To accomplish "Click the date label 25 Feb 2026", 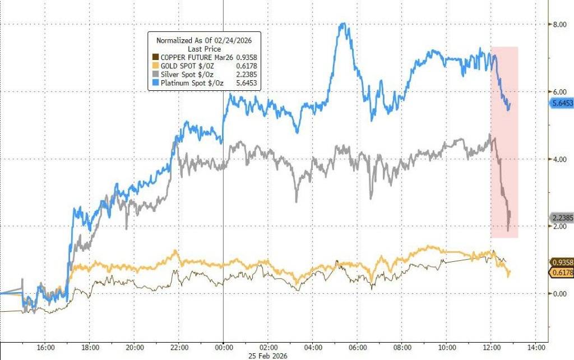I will (x=223, y=354).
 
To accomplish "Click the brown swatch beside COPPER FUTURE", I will (x=155, y=57).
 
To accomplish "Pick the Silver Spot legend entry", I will (x=189, y=75).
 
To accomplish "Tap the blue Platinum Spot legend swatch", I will (x=155, y=84).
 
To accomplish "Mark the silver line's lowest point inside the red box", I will (x=508, y=230).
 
